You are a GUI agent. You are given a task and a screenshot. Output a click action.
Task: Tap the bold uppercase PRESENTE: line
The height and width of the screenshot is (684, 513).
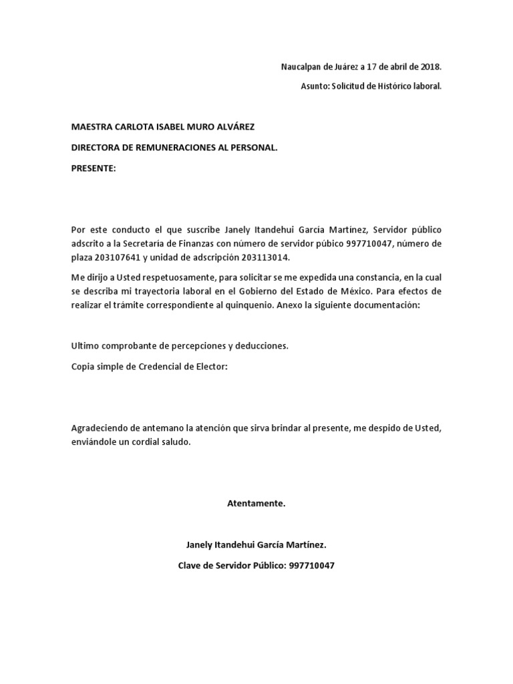tap(94, 168)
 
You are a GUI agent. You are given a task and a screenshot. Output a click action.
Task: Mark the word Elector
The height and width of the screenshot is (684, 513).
tap(213, 366)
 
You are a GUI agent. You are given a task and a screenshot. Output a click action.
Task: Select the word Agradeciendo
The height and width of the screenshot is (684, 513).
tap(100, 427)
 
